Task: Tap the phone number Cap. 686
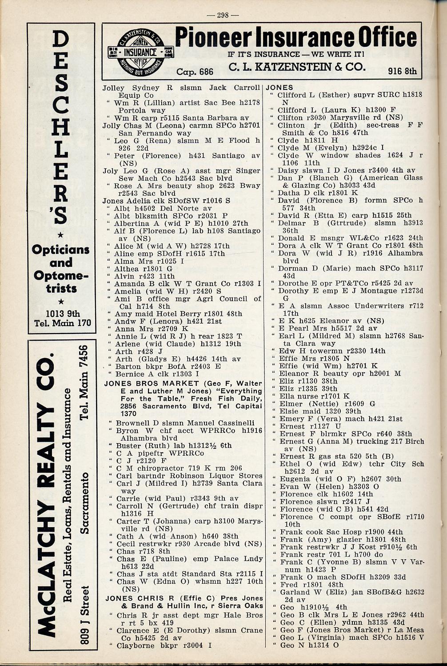click(x=195, y=72)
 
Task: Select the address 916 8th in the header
click(x=403, y=71)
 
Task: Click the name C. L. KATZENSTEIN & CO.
click(x=296, y=67)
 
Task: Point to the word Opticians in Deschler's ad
click(x=61, y=249)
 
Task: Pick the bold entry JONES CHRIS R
click(x=138, y=598)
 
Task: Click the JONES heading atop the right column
click(x=279, y=88)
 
